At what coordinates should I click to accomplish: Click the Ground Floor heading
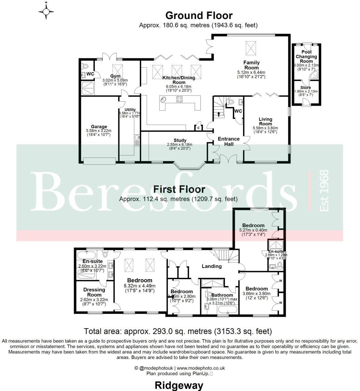pyautogui.click(x=199, y=15)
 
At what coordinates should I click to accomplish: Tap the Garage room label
pyautogui.click(x=99, y=126)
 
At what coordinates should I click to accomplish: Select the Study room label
pyautogui.click(x=180, y=140)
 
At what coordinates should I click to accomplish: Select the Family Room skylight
pyautogui.click(x=251, y=47)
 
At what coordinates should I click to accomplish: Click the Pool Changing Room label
pyautogui.click(x=306, y=57)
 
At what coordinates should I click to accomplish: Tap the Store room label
pyautogui.click(x=306, y=87)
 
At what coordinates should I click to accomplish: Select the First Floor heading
pyautogui.click(x=179, y=190)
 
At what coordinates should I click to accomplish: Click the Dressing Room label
pyautogui.click(x=94, y=292)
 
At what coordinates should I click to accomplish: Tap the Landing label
pyautogui.click(x=211, y=266)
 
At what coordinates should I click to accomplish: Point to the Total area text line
pyautogui.click(x=178, y=331)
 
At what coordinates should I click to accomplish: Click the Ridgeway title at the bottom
pyautogui.click(x=179, y=385)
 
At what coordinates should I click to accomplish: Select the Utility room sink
pyautogui.click(x=137, y=138)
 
